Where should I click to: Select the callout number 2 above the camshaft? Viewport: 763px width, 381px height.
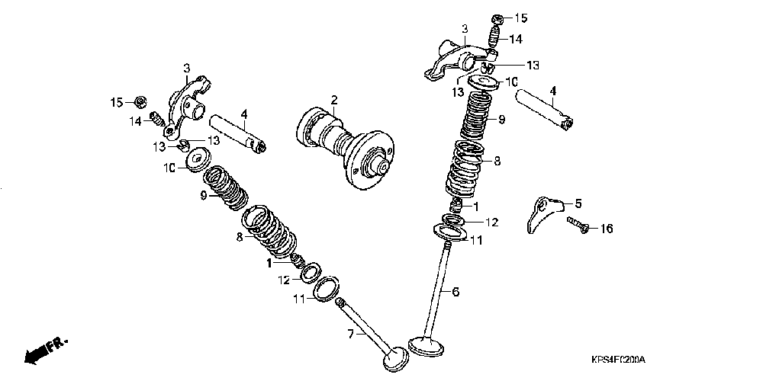(333, 100)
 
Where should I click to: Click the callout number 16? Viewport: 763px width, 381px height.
(606, 229)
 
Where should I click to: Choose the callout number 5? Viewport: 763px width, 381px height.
(578, 203)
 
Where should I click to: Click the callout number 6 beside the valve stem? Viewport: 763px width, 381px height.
(456, 291)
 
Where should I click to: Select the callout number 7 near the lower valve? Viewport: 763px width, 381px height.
(352, 333)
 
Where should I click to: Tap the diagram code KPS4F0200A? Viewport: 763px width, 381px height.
(617, 360)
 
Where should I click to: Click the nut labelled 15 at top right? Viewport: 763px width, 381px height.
(497, 18)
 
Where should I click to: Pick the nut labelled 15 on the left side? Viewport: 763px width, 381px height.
(140, 101)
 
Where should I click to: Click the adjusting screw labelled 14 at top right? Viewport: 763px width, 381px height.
(494, 36)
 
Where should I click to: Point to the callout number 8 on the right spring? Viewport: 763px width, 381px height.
(497, 161)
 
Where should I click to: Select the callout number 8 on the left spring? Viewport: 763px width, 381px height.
(239, 238)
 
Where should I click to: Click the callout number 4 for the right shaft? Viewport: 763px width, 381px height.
(552, 91)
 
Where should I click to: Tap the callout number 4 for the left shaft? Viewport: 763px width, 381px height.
(244, 115)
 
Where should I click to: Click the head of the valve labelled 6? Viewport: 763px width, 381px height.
(426, 344)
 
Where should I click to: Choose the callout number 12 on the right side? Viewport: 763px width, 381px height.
(491, 223)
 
